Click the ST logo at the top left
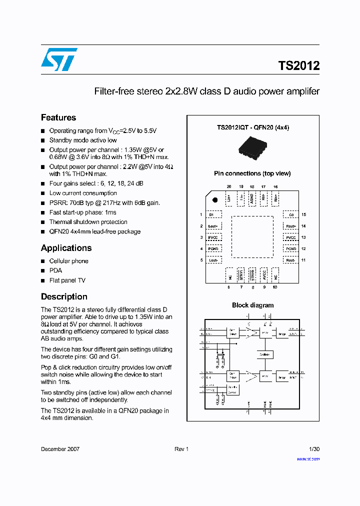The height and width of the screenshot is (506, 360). [x=59, y=59]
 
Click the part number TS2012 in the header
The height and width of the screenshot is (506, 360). [x=298, y=65]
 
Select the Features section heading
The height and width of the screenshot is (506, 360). [x=58, y=117]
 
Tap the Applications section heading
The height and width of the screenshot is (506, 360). [x=66, y=248]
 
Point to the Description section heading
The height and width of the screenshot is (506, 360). [x=64, y=296]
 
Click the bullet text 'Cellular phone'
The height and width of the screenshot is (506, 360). [x=68, y=261]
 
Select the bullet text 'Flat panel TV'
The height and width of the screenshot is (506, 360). [x=67, y=280]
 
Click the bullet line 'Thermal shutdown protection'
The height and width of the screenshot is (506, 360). [x=88, y=222]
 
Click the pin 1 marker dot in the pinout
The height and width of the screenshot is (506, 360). [x=214, y=200]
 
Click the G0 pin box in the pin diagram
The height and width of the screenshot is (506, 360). [x=291, y=214]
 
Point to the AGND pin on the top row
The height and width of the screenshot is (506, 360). [x=252, y=197]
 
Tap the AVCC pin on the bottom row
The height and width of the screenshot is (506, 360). [x=264, y=274]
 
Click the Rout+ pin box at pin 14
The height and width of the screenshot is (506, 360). [x=291, y=226]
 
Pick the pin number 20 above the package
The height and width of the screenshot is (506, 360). [x=229, y=186]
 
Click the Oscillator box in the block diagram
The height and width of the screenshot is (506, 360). [x=265, y=354]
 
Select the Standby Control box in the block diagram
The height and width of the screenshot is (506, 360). [x=232, y=390]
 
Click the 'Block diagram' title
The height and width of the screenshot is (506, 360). [x=252, y=305]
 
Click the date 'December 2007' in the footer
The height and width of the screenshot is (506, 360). [x=60, y=449]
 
